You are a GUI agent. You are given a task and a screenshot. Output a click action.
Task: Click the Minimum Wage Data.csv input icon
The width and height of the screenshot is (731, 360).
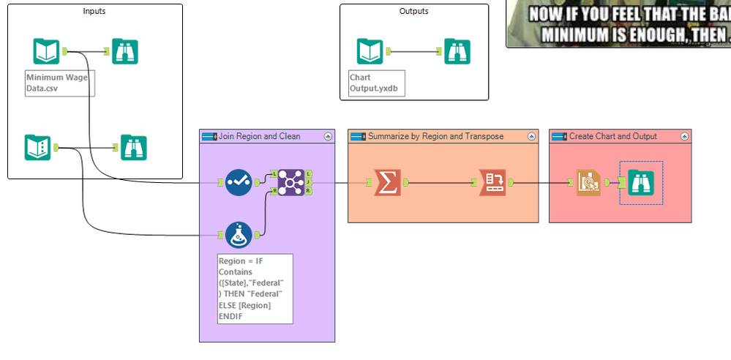(46, 51)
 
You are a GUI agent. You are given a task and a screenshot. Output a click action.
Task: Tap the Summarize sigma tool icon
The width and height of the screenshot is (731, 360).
(387, 182)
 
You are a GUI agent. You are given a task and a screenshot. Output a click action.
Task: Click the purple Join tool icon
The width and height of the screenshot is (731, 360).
(291, 182)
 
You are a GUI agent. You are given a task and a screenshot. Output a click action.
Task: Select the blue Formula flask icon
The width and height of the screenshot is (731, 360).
(239, 235)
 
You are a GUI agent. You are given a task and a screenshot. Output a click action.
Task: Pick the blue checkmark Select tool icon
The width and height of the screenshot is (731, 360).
(239, 182)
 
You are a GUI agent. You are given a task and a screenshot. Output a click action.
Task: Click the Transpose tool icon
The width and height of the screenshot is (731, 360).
(492, 182)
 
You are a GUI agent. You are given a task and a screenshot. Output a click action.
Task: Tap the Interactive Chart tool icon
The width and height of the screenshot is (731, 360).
(588, 182)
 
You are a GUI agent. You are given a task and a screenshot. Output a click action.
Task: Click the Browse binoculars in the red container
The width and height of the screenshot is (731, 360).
(641, 182)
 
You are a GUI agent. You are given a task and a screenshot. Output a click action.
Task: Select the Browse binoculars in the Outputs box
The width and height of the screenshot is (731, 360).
(457, 51)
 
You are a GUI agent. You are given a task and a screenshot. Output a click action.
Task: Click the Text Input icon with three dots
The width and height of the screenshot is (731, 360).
(37, 147)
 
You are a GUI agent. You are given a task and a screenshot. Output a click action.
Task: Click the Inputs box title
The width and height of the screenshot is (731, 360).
(94, 11)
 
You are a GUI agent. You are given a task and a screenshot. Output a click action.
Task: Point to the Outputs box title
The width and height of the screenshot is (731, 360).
(414, 11)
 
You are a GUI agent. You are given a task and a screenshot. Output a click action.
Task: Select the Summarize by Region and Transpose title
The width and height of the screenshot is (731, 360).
(436, 136)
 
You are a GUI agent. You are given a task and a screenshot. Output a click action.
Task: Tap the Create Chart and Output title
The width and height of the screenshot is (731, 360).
(613, 136)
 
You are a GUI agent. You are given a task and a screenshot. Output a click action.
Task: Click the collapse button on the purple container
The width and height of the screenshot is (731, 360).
(328, 136)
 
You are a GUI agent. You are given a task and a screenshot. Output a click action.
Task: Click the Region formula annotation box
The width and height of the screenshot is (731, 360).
(255, 288)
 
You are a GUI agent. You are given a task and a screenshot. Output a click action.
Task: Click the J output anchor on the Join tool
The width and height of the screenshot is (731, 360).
(309, 182)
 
